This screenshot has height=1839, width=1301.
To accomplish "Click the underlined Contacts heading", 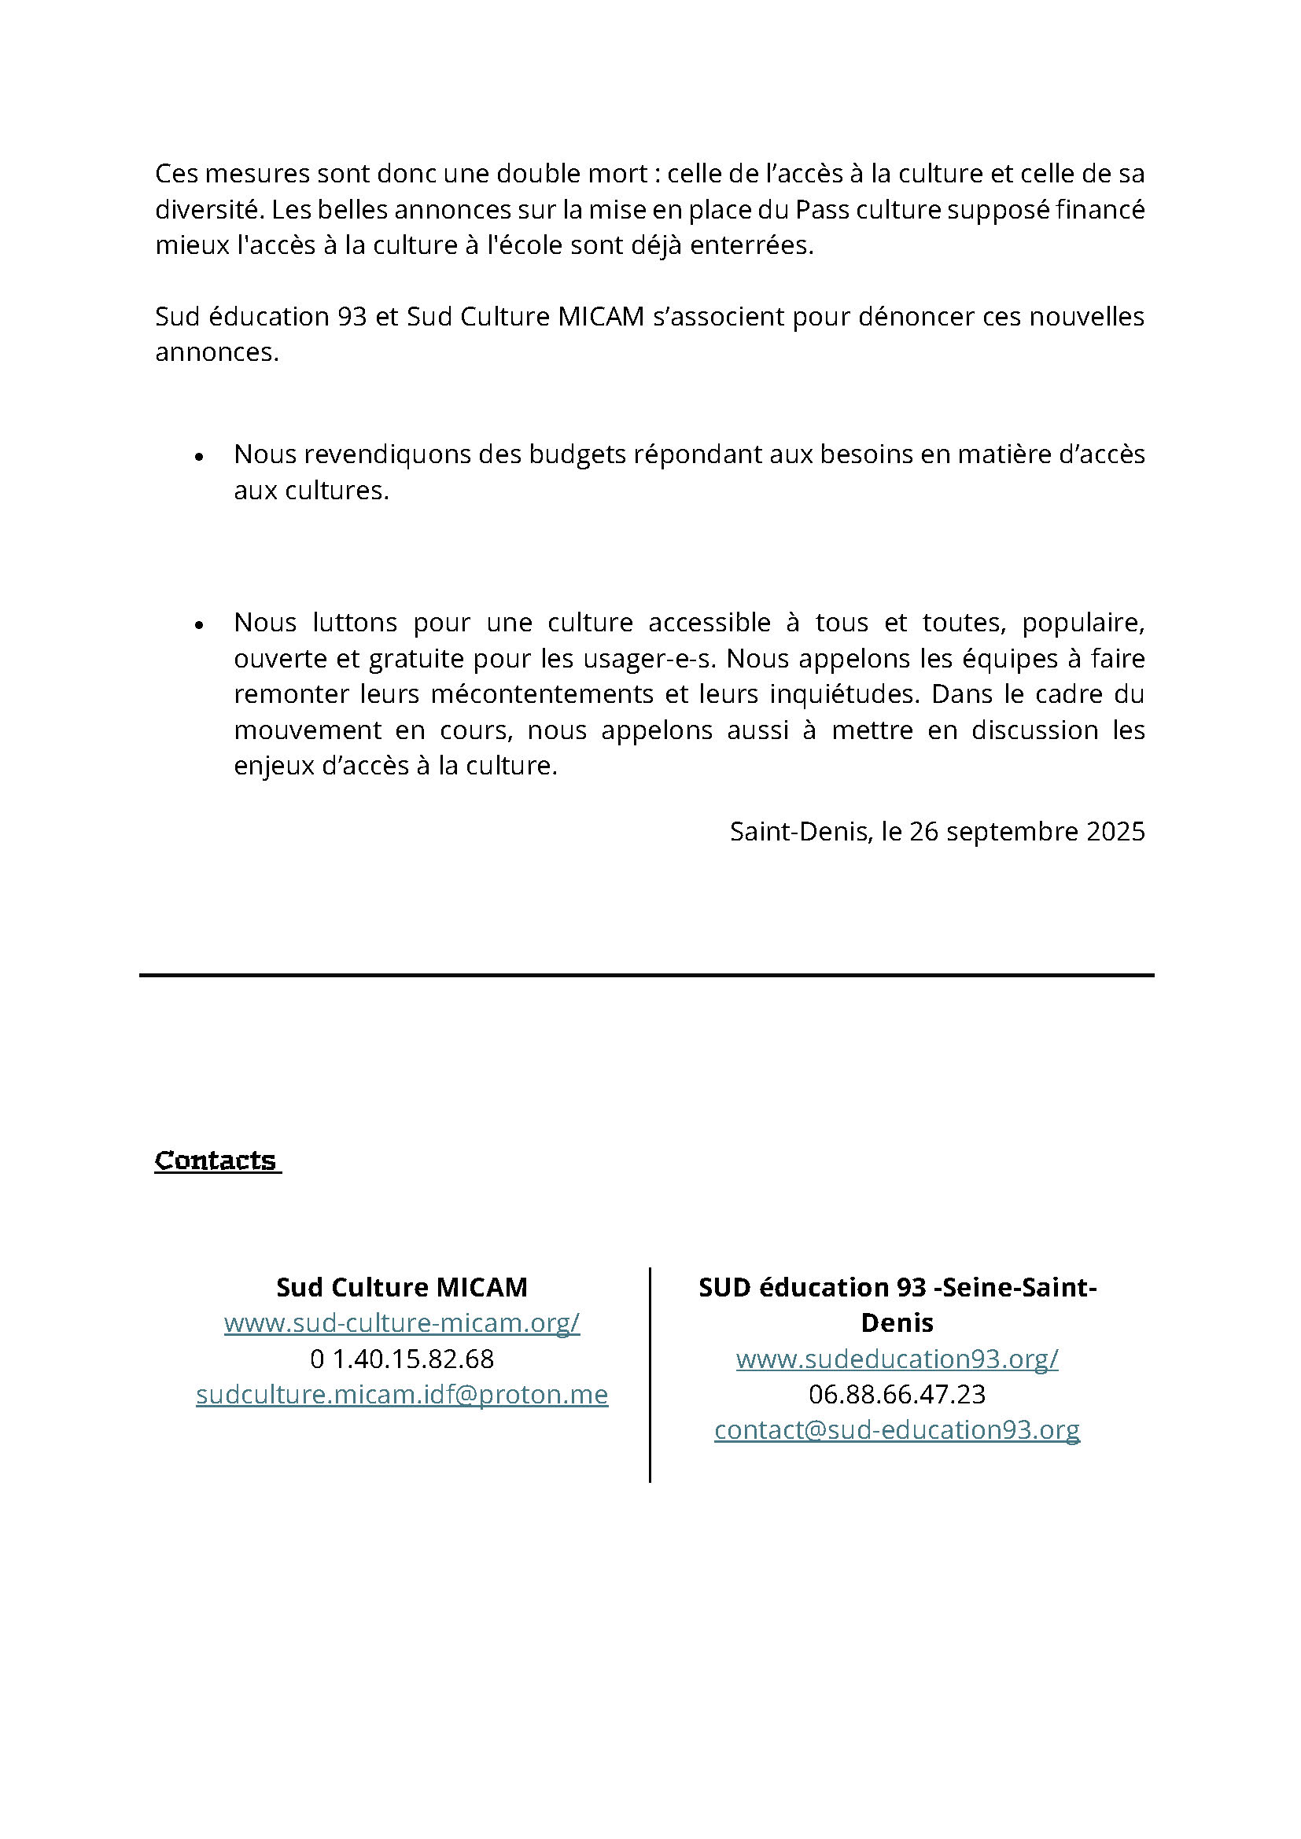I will (216, 1160).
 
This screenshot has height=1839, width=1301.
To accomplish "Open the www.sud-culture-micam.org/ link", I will (401, 1322).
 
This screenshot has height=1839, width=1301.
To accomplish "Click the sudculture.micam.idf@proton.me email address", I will (401, 1395).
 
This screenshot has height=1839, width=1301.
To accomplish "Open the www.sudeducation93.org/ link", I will (897, 1359).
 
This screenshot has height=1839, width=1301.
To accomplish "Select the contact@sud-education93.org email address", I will (897, 1429).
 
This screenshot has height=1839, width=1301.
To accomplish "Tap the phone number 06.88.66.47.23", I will (897, 1395).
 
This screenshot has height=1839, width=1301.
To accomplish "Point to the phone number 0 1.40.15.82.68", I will (401, 1359).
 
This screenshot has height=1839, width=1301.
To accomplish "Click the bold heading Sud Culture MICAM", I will (401, 1287).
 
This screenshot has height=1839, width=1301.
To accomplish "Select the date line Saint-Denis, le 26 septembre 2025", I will (937, 831).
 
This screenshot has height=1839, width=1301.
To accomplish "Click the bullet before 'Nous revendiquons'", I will (200, 457).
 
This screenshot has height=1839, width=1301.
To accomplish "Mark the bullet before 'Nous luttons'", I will (200, 625).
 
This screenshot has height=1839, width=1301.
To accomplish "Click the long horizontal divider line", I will (647, 975).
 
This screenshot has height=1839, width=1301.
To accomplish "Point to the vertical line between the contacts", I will (650, 1374).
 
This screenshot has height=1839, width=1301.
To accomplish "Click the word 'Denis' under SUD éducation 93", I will (897, 1322).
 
